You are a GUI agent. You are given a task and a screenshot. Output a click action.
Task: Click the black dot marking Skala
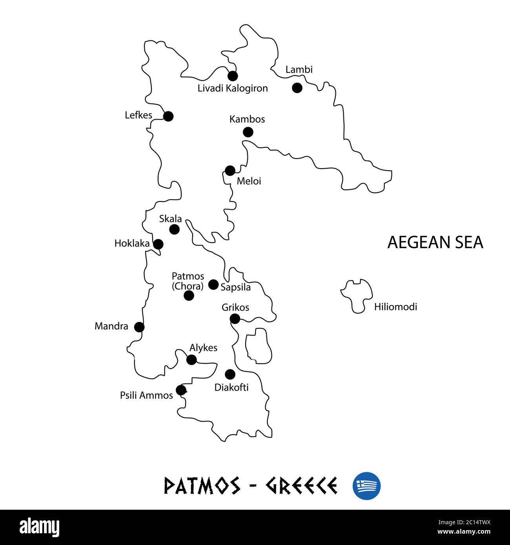[x=175, y=229]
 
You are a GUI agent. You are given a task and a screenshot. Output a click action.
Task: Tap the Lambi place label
[x=299, y=70]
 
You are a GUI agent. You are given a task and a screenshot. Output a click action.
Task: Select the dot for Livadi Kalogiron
[x=233, y=76]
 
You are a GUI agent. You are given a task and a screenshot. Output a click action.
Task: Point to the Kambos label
[x=247, y=119]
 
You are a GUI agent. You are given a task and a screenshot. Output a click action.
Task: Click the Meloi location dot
[x=230, y=171]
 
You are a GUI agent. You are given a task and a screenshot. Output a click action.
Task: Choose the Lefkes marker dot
[x=168, y=116]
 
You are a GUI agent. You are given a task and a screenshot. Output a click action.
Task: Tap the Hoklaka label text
[x=132, y=243]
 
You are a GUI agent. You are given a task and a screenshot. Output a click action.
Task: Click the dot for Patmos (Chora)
[x=189, y=295]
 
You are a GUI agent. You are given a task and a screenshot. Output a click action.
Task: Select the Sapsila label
[x=235, y=287]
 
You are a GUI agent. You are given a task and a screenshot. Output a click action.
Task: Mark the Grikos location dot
[x=235, y=319]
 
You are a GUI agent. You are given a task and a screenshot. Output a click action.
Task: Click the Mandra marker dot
[x=139, y=327]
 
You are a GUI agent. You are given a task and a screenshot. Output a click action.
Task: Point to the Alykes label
[x=203, y=348]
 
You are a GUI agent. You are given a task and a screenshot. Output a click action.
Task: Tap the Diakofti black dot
[x=230, y=374]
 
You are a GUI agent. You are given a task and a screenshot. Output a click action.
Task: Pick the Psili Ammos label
[x=146, y=396]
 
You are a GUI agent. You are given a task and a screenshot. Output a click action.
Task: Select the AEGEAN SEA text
[x=435, y=242]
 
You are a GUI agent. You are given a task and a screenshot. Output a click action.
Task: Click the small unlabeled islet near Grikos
[x=257, y=345]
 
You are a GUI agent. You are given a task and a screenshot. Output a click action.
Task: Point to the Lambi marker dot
[x=297, y=88]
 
